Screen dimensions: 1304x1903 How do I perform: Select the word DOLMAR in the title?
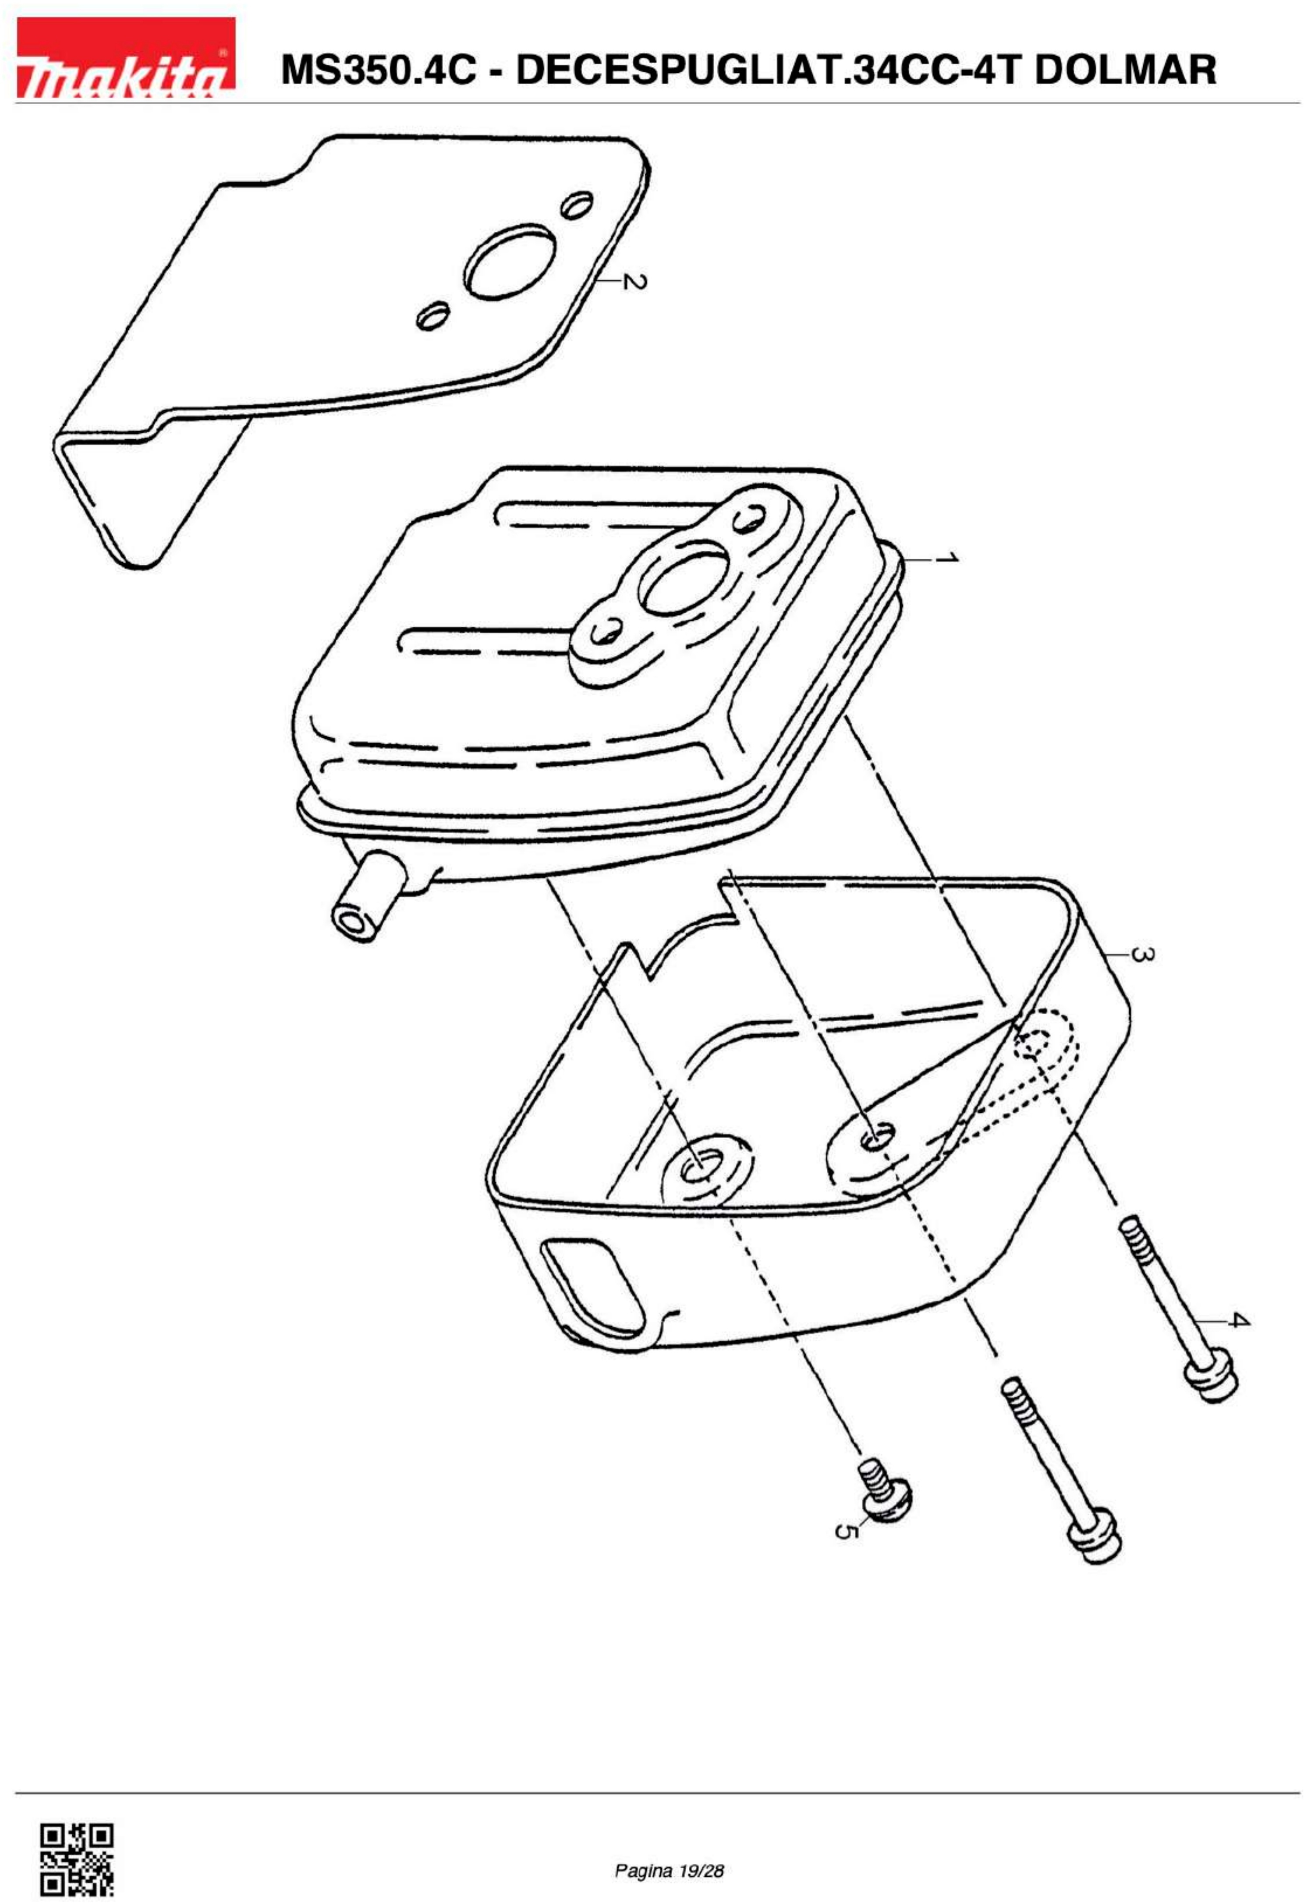pos(1125,69)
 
